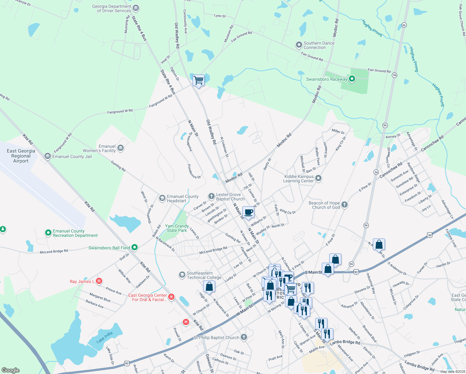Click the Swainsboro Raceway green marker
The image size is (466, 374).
pos(352,79)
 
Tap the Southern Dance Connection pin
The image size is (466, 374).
pos(299,45)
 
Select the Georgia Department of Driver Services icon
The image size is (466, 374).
pos(136,8)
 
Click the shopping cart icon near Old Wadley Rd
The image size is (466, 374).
pos(198,80)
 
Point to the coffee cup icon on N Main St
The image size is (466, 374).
pos(248,212)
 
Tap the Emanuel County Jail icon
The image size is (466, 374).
pos(47,156)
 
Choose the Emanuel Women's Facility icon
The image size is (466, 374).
pos(121,148)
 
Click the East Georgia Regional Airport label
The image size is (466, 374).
pos(21,156)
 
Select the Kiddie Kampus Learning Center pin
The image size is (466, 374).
pos(318,178)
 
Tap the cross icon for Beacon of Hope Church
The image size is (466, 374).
pos(344,205)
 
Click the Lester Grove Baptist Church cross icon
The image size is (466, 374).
pos(211,196)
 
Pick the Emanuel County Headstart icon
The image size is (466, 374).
pos(162,198)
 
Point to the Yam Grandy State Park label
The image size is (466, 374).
pos(177,228)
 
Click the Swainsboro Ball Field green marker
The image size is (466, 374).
pos(135,247)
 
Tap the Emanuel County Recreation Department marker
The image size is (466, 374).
pos(48,233)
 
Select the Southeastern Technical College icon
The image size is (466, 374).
pos(182,275)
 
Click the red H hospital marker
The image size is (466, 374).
pos(186,322)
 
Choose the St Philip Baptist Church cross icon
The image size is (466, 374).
pos(244,337)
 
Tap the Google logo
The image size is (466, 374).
pos(11,370)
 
